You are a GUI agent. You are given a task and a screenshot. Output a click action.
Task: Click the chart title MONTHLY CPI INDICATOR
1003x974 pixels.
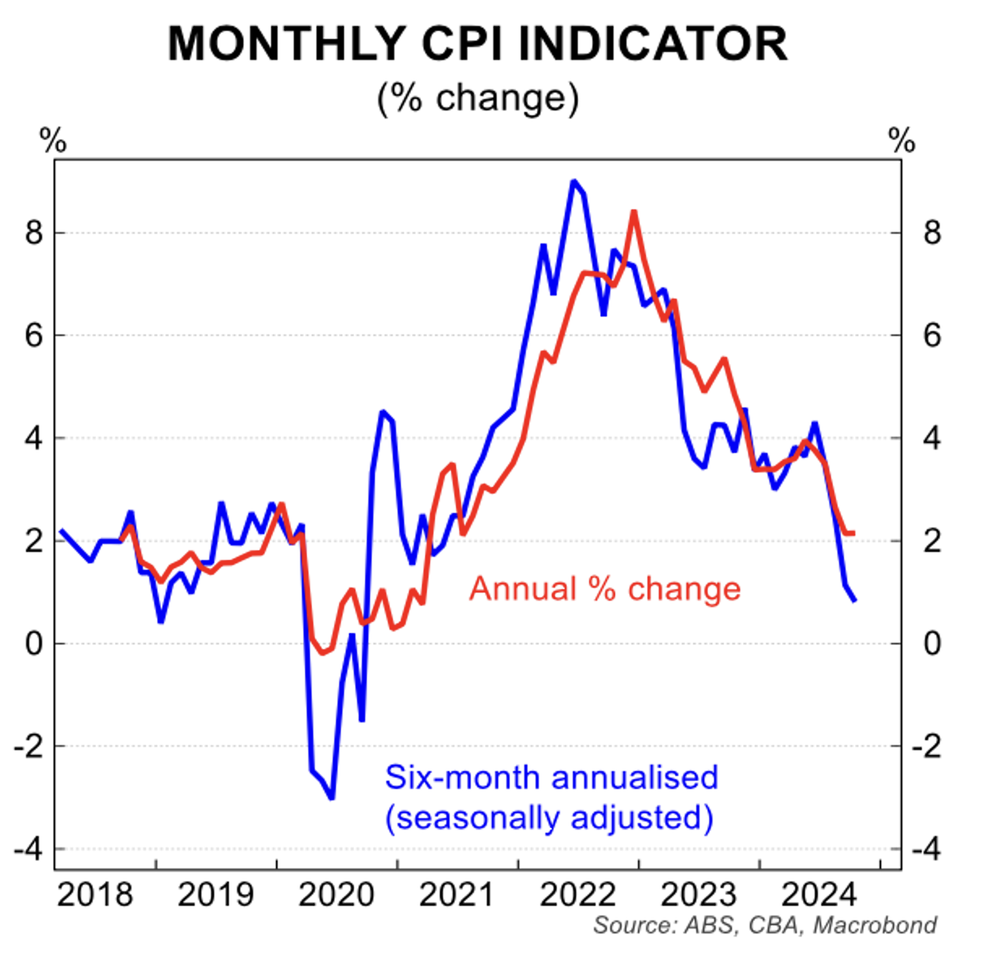tap(477, 44)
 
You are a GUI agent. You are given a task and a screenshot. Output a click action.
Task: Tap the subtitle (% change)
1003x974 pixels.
tap(478, 98)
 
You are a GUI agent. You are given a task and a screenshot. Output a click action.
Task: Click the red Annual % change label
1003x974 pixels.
tap(605, 588)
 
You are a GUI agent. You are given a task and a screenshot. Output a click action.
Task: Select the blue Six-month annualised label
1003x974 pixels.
tap(551, 778)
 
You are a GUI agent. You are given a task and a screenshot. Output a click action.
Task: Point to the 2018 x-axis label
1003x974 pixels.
tap(95, 894)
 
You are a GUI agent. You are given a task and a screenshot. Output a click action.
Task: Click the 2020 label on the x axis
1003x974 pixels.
tap(336, 894)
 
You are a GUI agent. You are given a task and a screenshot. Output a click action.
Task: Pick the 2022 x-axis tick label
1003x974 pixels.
tap(578, 894)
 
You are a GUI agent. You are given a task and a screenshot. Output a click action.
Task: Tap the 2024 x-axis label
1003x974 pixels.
tap(819, 894)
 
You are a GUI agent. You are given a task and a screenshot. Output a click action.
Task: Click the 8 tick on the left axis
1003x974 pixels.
tap(33, 234)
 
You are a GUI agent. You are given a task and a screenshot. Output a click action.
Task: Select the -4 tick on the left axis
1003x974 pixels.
tap(28, 850)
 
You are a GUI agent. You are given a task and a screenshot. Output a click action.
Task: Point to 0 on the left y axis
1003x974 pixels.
tap(33, 644)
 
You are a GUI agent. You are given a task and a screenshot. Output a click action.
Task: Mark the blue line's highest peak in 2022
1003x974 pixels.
tap(574, 181)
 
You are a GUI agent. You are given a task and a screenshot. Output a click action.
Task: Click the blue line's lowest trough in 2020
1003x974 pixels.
tap(332, 798)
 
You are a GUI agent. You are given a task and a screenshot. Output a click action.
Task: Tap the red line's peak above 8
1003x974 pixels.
tap(633, 212)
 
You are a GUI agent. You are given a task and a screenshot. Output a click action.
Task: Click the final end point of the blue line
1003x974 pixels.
tap(854, 601)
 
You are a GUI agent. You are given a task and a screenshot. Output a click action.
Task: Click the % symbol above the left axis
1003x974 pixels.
tap(53, 141)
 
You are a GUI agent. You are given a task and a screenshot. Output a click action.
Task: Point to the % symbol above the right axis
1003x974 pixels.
tap(902, 141)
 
